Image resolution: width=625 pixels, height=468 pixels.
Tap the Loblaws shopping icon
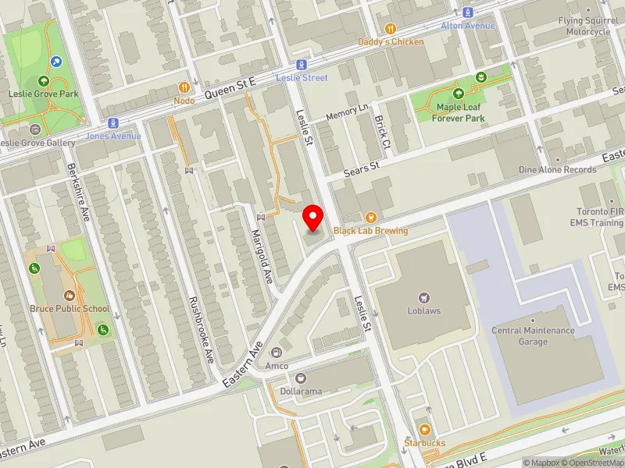pos(424,297)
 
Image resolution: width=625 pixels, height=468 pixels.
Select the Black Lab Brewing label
pos(370,231)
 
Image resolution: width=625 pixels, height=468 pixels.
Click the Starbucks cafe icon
pos(424,430)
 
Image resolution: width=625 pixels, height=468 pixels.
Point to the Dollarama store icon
pos(301,378)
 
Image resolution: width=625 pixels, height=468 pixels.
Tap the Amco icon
pos(277,353)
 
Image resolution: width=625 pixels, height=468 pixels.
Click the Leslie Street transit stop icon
pos(301,66)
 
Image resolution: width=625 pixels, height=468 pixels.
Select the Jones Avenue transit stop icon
pos(114,123)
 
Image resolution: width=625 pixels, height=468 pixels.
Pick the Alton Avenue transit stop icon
pos(468,12)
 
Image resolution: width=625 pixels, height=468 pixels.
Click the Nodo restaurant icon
pos(184,88)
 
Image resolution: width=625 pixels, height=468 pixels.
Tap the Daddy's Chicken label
pos(391,41)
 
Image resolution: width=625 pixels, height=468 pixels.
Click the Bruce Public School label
pos(70,308)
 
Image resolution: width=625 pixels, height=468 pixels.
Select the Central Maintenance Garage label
pos(533,336)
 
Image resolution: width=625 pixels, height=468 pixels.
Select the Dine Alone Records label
pos(557,169)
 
